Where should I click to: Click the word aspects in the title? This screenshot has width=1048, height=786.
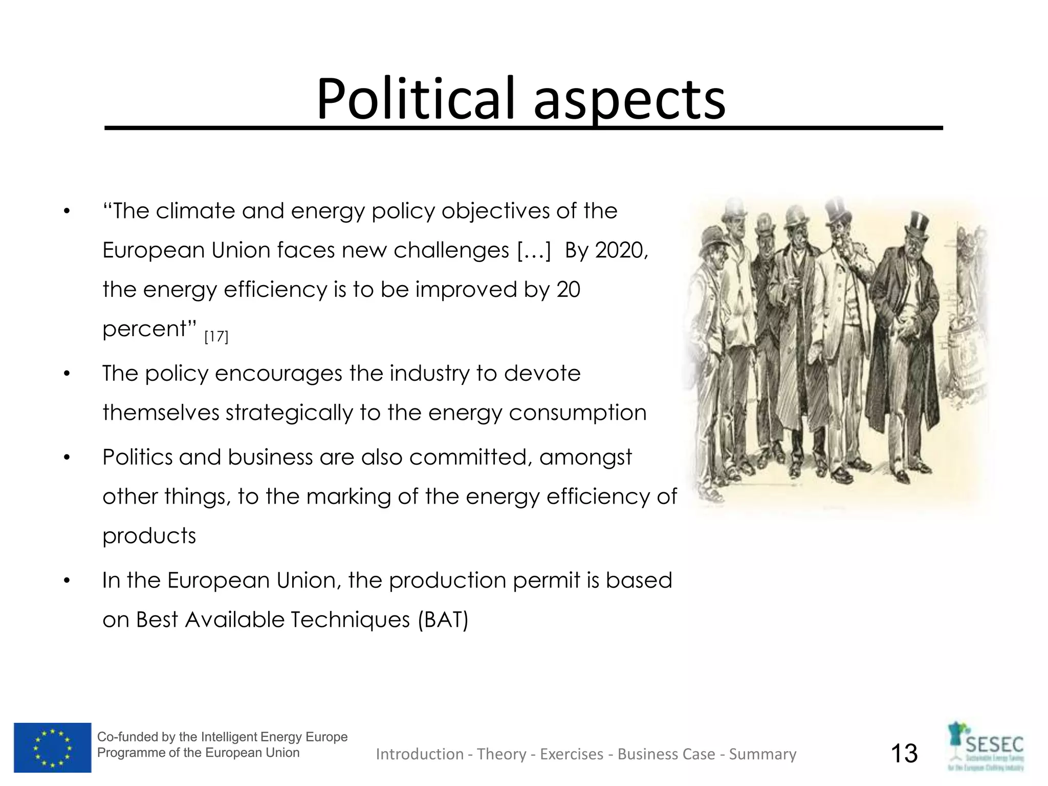coord(629,100)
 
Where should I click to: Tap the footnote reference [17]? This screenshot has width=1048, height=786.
coord(216,337)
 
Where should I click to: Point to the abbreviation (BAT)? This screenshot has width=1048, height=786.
coord(443,620)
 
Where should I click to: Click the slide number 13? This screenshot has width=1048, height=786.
coord(904,753)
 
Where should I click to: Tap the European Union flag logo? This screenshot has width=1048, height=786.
coord(53,747)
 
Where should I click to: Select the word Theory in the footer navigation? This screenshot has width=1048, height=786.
coord(501,754)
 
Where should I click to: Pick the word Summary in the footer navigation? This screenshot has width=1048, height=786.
coord(762,754)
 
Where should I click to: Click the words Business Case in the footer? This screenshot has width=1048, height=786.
coord(666,754)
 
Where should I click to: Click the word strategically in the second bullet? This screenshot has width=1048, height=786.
coord(289,413)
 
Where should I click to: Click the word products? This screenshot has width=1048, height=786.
coord(149,536)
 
